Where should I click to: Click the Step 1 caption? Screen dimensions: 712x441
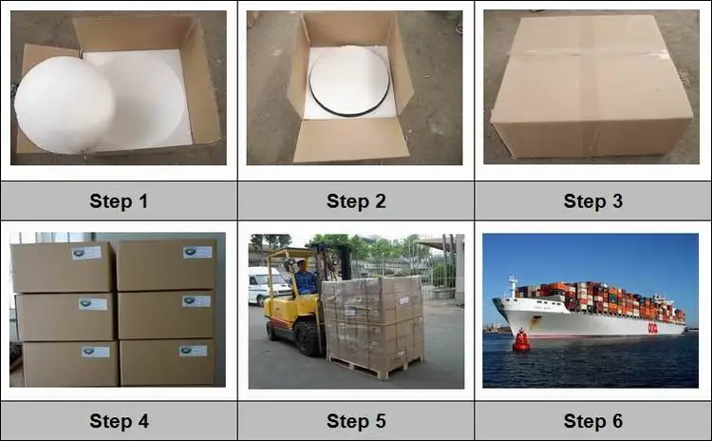click(119, 201)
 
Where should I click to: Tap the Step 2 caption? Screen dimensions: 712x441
click(356, 201)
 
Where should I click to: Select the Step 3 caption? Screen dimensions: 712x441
click(593, 201)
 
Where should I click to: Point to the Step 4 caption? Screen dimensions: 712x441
click(119, 421)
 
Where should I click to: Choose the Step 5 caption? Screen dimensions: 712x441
click(356, 421)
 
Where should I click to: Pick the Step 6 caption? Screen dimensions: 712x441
click(593, 421)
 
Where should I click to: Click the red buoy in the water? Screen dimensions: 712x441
click(521, 340)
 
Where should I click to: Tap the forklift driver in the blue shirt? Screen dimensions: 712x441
click(304, 278)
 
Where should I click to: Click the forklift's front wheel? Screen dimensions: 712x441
click(308, 339)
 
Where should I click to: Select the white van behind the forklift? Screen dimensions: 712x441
click(268, 285)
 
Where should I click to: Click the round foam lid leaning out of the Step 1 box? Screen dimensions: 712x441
click(65, 105)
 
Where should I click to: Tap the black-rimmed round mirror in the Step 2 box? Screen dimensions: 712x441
click(349, 81)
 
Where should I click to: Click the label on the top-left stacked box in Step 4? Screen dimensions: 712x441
click(86, 253)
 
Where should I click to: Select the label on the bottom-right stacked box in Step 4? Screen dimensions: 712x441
click(193, 351)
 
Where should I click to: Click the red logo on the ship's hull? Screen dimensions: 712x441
click(652, 328)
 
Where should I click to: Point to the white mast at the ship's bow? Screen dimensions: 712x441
click(513, 286)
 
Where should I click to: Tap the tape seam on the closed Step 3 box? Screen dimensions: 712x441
click(590, 54)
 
